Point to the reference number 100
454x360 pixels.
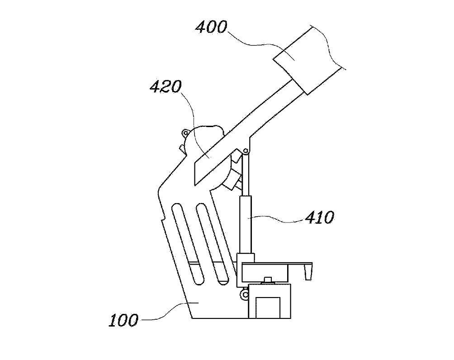click(123, 321)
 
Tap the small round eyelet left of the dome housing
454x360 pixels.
click(184, 133)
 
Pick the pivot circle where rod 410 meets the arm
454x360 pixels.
click(245, 151)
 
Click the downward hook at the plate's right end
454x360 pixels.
click(309, 273)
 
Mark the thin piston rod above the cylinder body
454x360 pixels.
click(245, 174)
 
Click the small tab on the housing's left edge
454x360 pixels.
click(181, 148)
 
